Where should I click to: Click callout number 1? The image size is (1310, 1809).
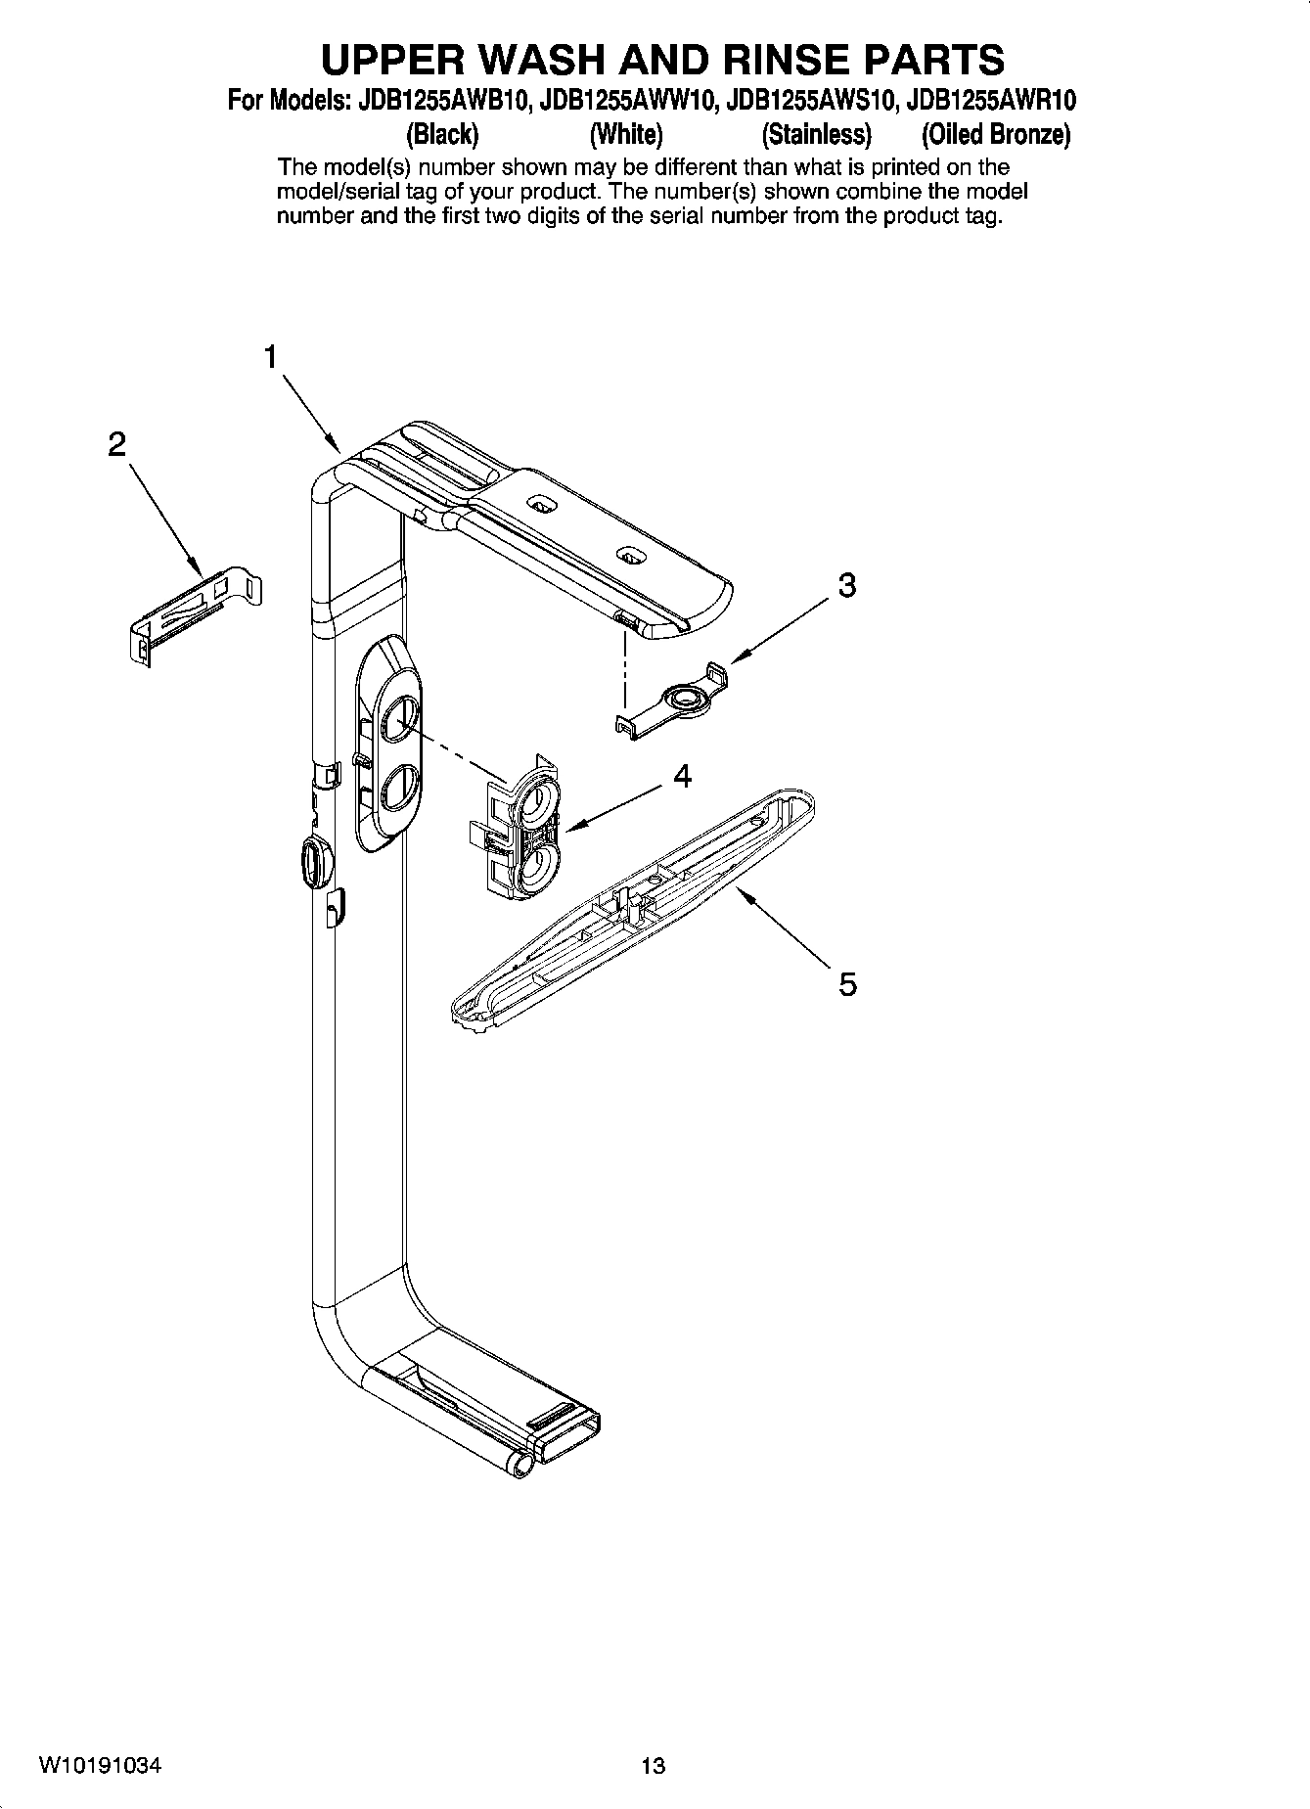270,357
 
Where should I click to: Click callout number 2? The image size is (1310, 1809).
116,445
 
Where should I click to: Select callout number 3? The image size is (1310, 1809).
847,585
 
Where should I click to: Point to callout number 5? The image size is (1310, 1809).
847,983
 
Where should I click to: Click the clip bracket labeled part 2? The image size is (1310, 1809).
195,613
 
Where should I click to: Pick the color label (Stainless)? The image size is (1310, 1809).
816,134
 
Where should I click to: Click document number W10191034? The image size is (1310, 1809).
101,1765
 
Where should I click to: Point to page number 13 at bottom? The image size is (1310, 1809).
653,1766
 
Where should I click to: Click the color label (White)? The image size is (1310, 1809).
626,134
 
